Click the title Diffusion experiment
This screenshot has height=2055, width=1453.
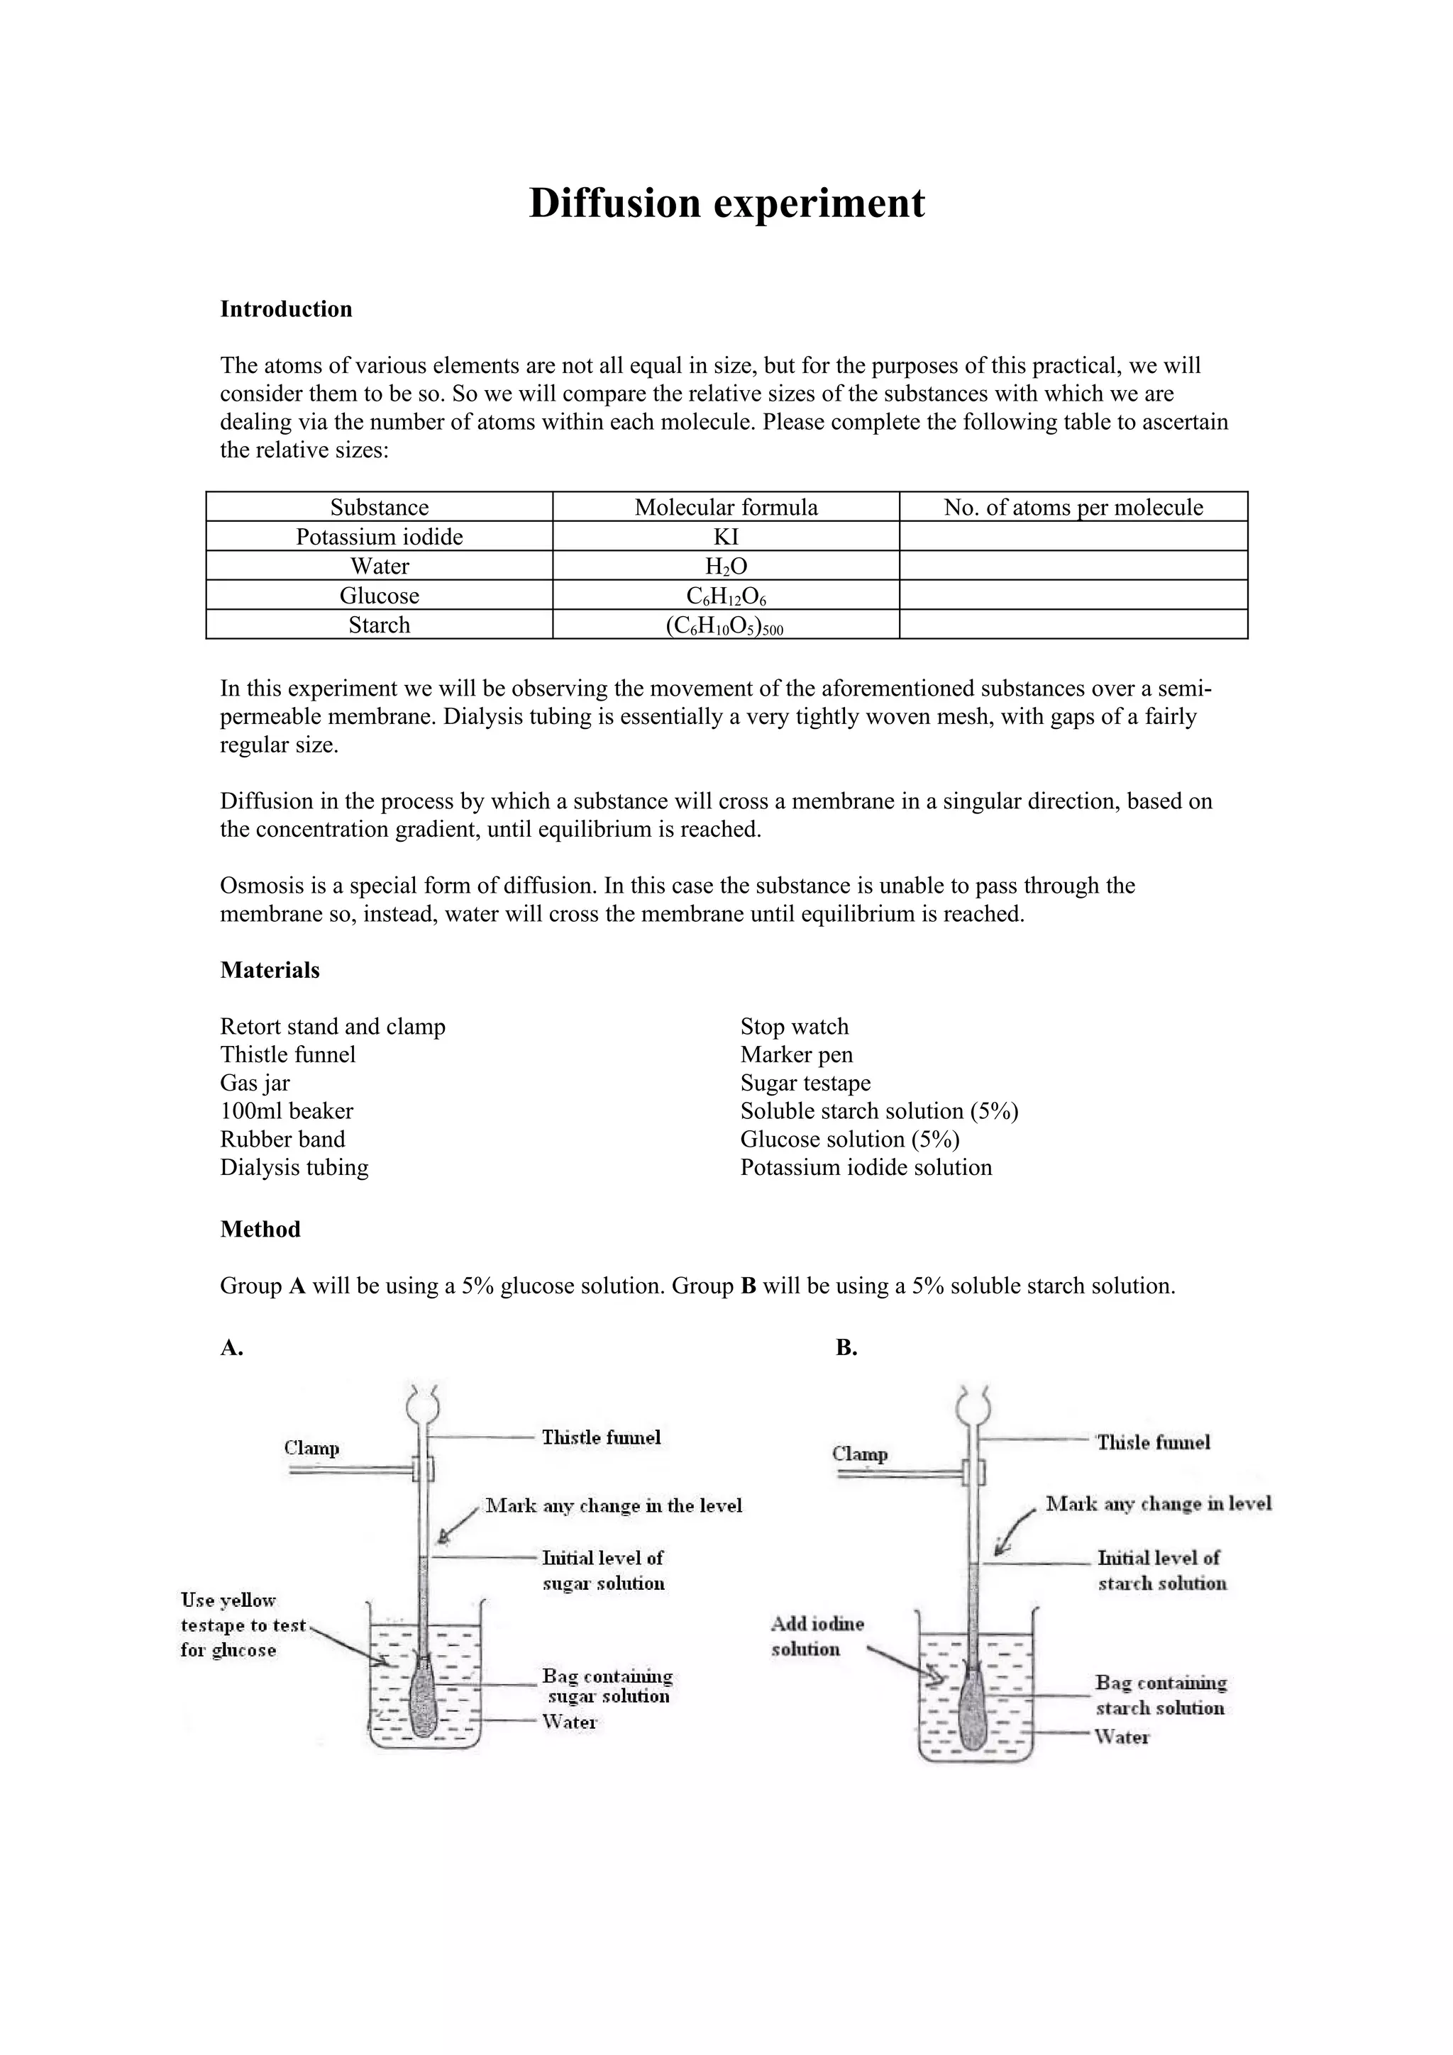tap(726, 204)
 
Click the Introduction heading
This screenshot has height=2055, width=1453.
tap(286, 310)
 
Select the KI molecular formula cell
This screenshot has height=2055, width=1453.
tap(726, 537)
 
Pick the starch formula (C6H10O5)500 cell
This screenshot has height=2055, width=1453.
tap(725, 625)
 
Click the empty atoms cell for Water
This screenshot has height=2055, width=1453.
tap(1073, 567)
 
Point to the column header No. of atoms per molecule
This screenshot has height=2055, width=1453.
tap(1073, 508)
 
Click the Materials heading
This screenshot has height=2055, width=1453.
tap(270, 970)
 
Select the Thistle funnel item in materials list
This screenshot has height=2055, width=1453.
tap(287, 1055)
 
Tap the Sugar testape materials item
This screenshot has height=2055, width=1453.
tap(805, 1083)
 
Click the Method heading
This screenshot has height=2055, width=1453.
tap(260, 1230)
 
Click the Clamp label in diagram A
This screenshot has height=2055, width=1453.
tap(311, 1448)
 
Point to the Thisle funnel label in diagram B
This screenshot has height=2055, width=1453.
tap(1153, 1442)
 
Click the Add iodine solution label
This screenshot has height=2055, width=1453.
tap(817, 1636)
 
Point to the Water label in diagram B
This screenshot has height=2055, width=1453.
tap(1122, 1737)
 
